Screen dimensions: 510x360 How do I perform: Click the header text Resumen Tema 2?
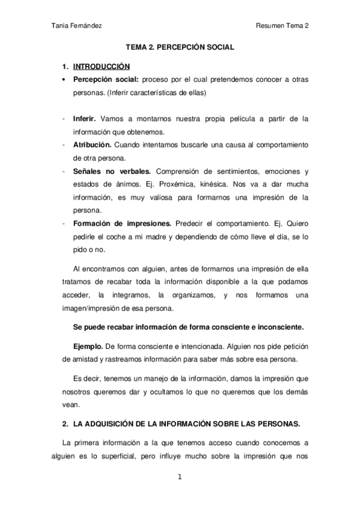point(282,26)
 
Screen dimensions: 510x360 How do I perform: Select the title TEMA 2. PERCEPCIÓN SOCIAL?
point(180,46)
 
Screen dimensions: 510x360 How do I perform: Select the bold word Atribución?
point(91,146)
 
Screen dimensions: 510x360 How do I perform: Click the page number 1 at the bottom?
point(179,478)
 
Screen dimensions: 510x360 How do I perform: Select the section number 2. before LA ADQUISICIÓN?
point(65,424)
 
